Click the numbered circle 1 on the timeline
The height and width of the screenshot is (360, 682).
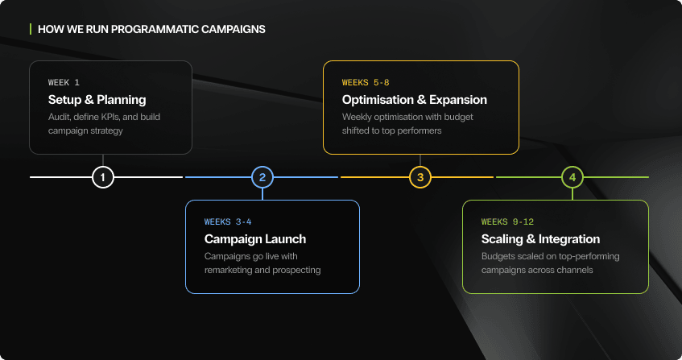pyautogui.click(x=102, y=176)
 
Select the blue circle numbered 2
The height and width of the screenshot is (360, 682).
pyautogui.click(x=262, y=176)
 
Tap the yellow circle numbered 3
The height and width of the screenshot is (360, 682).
pyautogui.click(x=419, y=176)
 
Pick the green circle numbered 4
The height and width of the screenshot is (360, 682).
pyautogui.click(x=572, y=176)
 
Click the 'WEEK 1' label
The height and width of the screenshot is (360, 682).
pyautogui.click(x=64, y=82)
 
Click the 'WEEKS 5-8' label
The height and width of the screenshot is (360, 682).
pyautogui.click(x=366, y=82)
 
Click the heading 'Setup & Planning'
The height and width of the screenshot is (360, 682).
pyautogui.click(x=97, y=100)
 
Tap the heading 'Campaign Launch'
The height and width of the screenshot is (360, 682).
pyautogui.click(x=255, y=239)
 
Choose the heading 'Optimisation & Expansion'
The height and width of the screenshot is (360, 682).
pyautogui.click(x=414, y=100)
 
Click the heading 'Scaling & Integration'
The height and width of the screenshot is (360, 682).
pyautogui.click(x=540, y=239)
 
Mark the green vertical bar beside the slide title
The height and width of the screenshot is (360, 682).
pyautogui.click(x=31, y=29)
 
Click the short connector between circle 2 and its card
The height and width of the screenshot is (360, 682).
pyautogui.click(x=262, y=193)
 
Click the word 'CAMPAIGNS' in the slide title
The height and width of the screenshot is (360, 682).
pyautogui.click(x=233, y=29)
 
